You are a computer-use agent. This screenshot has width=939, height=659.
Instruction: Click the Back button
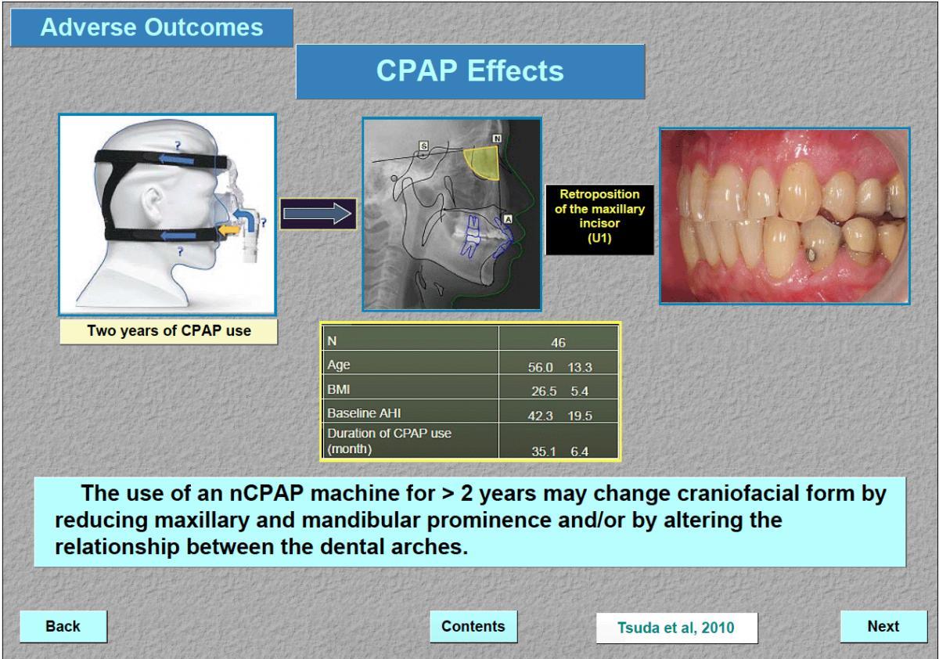63,626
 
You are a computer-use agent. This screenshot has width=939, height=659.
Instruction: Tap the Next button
883,626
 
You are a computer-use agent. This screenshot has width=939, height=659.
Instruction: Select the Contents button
473,626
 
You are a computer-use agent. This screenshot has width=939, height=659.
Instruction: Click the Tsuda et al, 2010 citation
677,628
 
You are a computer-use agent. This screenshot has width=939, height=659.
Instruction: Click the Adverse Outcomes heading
151,27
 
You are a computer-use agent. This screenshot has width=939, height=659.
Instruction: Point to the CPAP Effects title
470,71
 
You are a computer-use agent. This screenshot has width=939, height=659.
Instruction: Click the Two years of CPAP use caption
168,331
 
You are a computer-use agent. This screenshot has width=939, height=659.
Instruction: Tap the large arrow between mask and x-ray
318,214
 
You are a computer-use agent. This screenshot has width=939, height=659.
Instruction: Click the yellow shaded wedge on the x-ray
482,163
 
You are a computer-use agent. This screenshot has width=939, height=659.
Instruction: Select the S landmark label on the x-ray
424,146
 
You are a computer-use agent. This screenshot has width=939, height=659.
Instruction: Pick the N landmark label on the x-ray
497,139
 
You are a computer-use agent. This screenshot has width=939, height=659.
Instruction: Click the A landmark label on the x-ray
508,219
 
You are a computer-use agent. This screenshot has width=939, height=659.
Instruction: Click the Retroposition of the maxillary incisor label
599,216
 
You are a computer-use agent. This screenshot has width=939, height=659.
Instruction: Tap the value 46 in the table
558,343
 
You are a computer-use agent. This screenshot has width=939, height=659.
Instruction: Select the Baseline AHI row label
364,413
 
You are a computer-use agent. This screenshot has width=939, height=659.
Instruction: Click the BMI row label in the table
338,390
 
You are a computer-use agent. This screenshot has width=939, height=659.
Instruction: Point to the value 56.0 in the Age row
541,368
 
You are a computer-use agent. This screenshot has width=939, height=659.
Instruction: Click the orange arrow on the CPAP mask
229,230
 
